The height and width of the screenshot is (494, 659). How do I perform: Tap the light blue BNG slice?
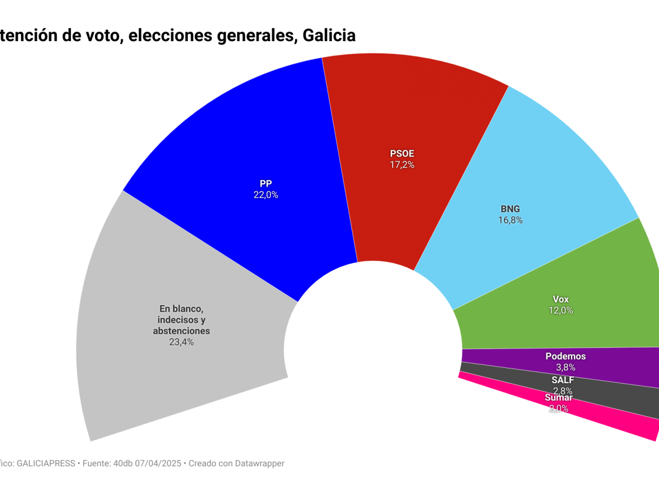(x=527, y=176)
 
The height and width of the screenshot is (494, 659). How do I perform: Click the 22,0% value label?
(x=266, y=195)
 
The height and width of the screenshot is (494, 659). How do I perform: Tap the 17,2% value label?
(x=402, y=165)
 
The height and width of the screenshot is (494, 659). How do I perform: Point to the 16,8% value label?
(x=510, y=220)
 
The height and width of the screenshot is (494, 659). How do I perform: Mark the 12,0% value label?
(x=561, y=310)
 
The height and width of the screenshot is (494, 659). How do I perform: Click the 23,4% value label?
(x=181, y=342)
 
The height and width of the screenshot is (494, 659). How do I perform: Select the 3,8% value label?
(x=565, y=367)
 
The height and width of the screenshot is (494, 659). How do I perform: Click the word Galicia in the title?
(x=329, y=36)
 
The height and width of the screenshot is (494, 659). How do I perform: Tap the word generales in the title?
(x=254, y=36)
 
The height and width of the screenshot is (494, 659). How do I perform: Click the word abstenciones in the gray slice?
(x=181, y=331)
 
